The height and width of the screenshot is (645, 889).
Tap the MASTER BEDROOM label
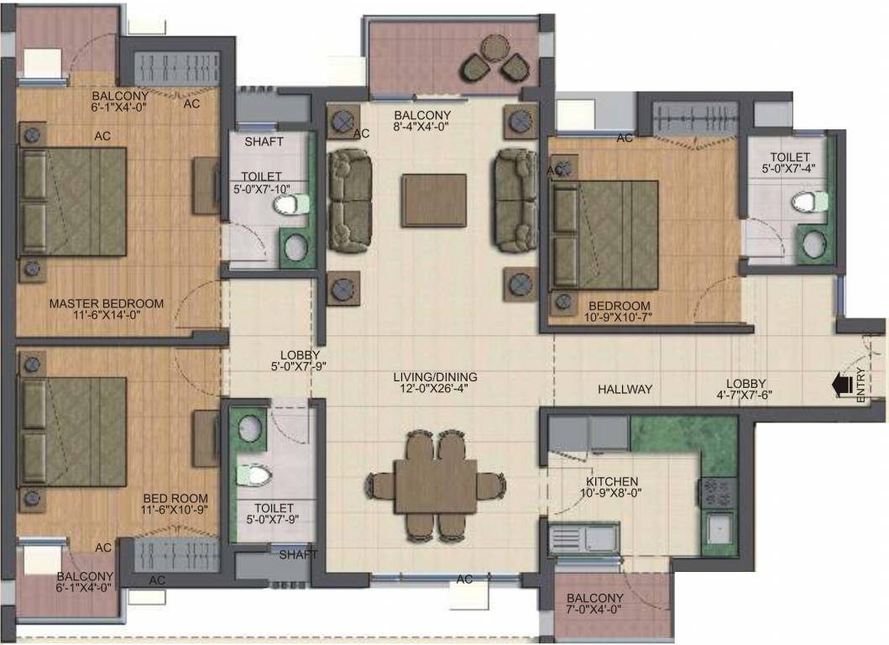coord(107,303)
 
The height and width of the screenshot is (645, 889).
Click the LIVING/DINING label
coord(435,376)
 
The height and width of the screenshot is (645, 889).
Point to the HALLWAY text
coord(625,389)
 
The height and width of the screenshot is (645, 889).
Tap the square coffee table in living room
coord(434,200)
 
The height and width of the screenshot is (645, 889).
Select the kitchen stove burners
coord(718,491)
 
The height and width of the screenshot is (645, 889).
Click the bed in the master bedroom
coord(72,202)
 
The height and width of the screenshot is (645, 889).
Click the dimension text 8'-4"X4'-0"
coord(422,128)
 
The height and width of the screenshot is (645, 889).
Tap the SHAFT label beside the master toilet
coord(264,142)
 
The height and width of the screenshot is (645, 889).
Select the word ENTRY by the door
coord(861,388)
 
